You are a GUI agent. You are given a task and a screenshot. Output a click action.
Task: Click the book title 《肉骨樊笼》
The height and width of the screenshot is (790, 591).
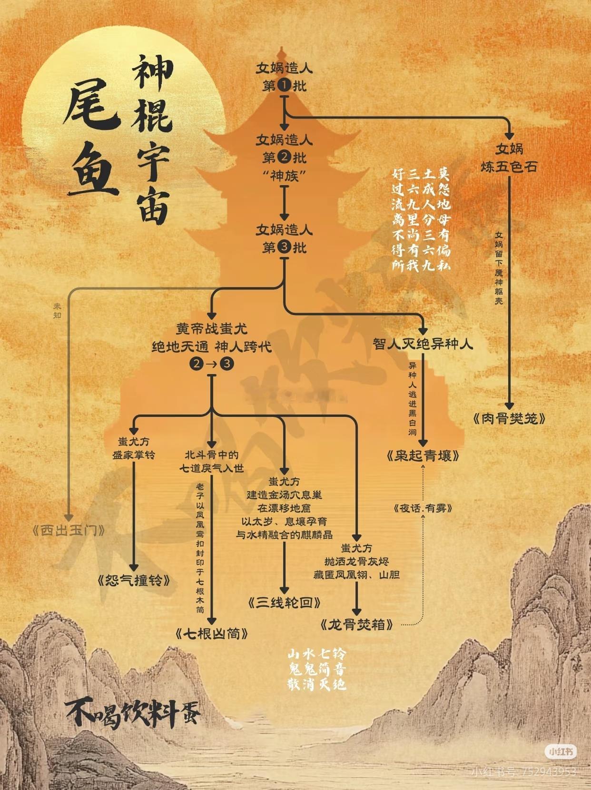[x=509, y=418]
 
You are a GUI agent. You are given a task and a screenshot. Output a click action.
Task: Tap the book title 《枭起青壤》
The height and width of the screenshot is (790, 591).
[x=423, y=456]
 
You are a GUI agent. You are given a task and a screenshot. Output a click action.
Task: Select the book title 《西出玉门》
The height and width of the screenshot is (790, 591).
[x=69, y=530]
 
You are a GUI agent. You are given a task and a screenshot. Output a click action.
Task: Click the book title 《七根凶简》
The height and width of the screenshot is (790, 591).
[x=212, y=633]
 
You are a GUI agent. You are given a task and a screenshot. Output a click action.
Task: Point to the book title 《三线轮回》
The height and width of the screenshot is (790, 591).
[x=284, y=602]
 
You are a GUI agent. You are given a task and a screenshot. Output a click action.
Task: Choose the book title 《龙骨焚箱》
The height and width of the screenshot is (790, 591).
[x=357, y=624]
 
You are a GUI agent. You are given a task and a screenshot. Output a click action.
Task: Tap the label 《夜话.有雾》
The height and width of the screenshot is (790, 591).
[x=423, y=508]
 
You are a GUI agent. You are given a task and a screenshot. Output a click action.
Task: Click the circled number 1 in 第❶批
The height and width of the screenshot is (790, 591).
[x=284, y=86]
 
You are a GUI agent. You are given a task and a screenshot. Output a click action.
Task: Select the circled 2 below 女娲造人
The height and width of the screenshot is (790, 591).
[x=284, y=157]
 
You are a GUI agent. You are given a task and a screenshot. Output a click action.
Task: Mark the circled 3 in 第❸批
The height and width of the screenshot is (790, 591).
[x=284, y=247]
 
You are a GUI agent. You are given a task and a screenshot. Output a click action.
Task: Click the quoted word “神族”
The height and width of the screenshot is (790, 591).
[x=284, y=176]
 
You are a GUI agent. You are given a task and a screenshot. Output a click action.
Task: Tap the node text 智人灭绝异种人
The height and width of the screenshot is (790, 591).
[x=423, y=344]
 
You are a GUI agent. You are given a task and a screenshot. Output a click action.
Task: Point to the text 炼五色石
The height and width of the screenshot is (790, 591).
[x=509, y=167]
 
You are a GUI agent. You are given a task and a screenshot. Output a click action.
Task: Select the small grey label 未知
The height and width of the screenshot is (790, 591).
[x=58, y=311]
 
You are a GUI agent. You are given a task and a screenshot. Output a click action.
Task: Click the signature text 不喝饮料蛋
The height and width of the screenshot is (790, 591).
[x=133, y=714]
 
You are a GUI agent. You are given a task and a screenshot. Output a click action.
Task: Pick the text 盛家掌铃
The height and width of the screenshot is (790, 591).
[x=134, y=455]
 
